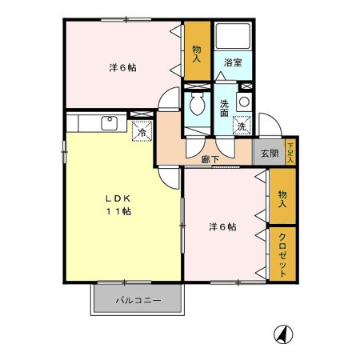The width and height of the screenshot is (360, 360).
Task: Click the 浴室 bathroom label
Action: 233,62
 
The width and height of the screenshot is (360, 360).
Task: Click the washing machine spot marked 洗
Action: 241,126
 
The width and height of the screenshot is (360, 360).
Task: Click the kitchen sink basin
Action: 109,122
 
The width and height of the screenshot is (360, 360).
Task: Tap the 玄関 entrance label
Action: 268,154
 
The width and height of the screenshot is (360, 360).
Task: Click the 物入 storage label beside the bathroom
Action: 197,51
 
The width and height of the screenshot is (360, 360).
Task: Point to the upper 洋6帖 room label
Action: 122,67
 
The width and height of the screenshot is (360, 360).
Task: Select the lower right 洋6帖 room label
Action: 222,226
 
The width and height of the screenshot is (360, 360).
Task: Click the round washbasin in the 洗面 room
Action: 243,102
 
